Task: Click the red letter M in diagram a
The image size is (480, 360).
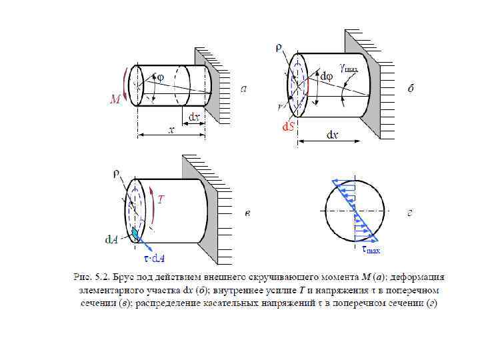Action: (115, 100)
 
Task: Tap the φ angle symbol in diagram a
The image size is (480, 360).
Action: (160, 78)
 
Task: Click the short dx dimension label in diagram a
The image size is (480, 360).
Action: (193, 117)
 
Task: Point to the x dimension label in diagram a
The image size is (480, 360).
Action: (171, 131)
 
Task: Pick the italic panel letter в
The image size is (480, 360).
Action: (247, 213)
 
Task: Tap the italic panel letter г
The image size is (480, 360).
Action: (411, 213)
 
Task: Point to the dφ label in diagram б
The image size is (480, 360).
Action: (327, 77)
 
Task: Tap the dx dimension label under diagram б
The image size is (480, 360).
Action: (331, 135)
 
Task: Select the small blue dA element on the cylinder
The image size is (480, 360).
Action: (136, 234)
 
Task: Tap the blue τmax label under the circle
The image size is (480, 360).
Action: (371, 250)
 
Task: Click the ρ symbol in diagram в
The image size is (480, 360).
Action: (115, 175)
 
